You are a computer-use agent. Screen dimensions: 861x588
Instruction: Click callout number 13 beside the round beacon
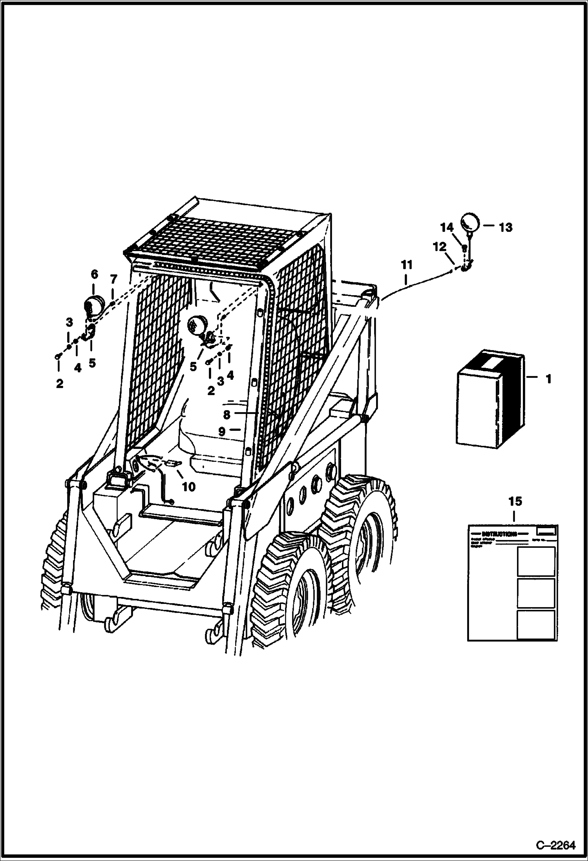point(506,227)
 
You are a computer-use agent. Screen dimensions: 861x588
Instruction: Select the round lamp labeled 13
point(470,223)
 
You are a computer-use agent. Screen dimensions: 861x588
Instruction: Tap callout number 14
point(446,227)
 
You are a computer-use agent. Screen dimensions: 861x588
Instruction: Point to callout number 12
point(440,247)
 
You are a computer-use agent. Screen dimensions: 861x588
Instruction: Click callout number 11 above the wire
point(407,265)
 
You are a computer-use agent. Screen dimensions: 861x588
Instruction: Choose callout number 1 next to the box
point(548,379)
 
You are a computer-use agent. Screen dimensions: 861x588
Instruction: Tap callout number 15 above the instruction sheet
point(515,501)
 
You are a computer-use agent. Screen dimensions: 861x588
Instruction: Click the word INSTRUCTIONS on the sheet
point(499,534)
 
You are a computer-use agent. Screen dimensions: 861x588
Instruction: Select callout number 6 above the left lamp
point(94,274)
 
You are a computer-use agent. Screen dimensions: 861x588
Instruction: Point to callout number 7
point(113,279)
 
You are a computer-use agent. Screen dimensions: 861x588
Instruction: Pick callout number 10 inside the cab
point(189,487)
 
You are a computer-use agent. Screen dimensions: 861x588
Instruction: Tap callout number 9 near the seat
point(222,432)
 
